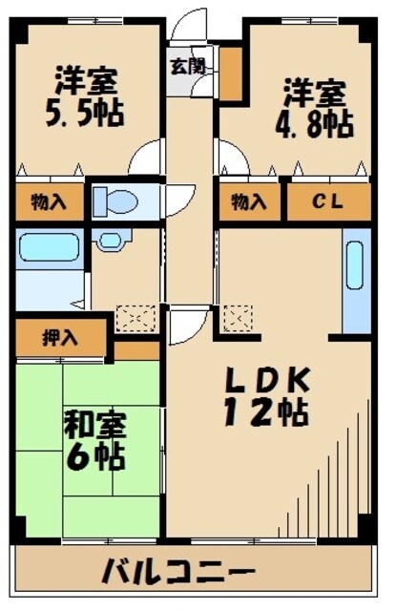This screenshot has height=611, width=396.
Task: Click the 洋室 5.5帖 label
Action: pos(85,95)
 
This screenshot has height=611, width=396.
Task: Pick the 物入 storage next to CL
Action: pos(249,201)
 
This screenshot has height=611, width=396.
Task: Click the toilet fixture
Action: pos(117,201)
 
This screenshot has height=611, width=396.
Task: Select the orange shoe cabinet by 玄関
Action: pos(230,73)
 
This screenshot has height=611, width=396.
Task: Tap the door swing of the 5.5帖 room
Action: pos(149,157)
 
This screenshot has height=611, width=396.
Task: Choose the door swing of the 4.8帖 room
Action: pos(229,158)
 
